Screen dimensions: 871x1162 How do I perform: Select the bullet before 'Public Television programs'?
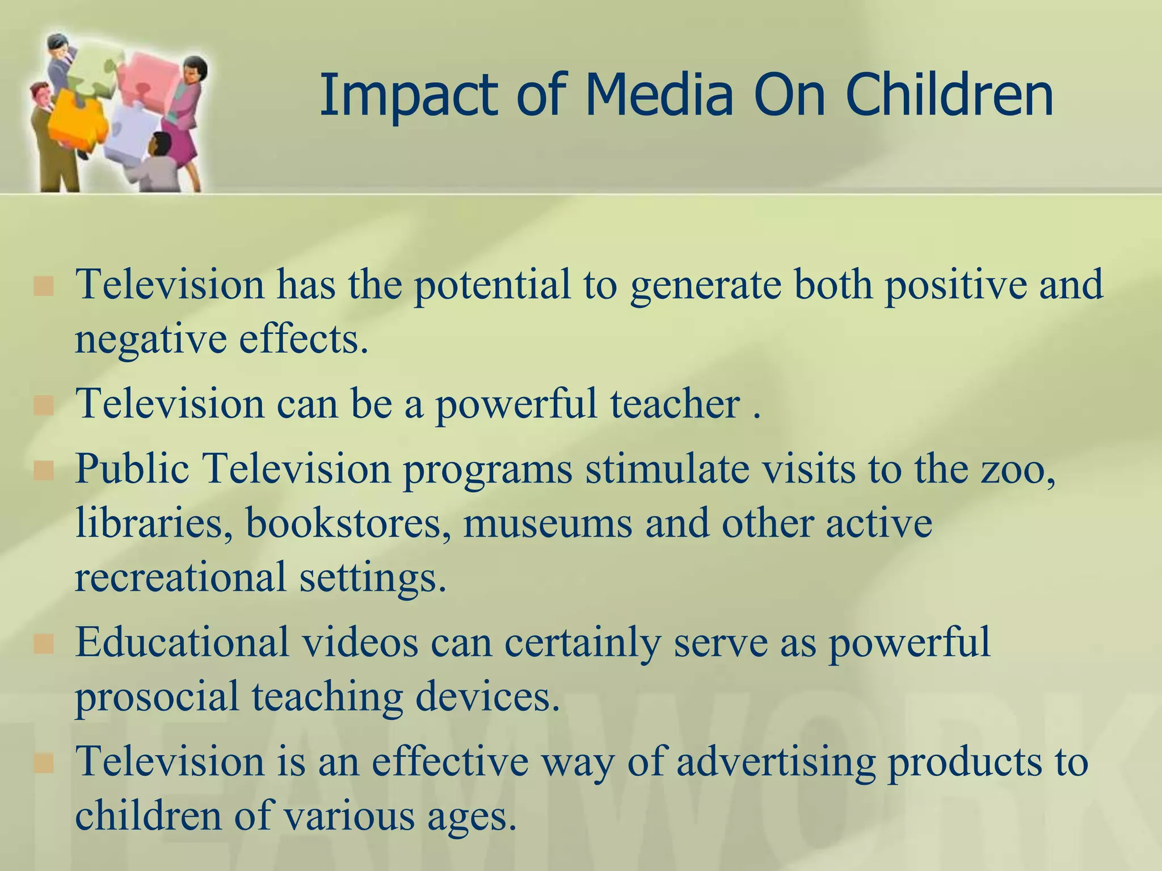tap(44, 471)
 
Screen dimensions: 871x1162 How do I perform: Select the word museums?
tap(548, 523)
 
